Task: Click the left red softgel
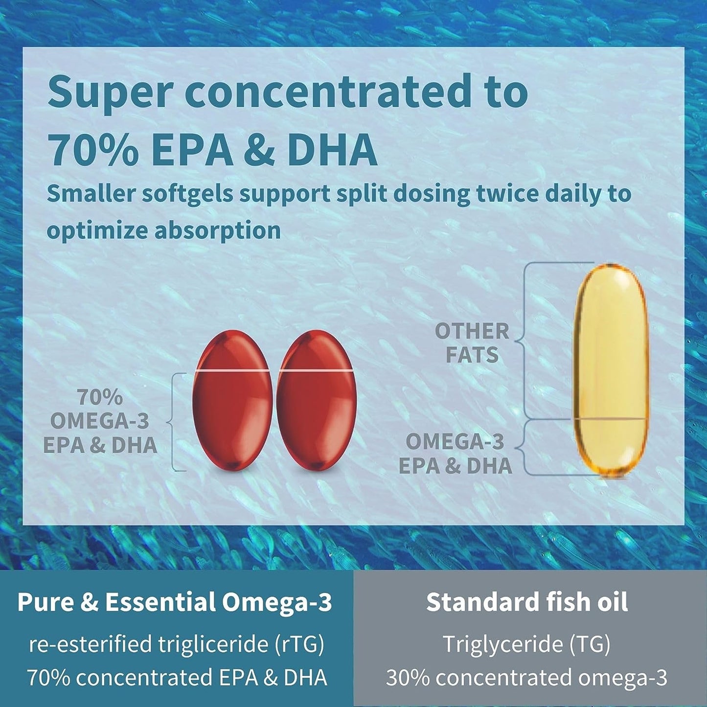[232, 401]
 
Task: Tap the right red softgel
[317, 401]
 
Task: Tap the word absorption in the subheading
[218, 230]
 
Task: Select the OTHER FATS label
[472, 343]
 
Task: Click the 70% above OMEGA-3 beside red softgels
[100, 398]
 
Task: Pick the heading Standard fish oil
[527, 602]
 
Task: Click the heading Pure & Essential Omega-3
[175, 602]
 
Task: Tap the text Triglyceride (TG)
[526, 644]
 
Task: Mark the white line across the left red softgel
[232, 371]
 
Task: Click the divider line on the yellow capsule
[611, 419]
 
